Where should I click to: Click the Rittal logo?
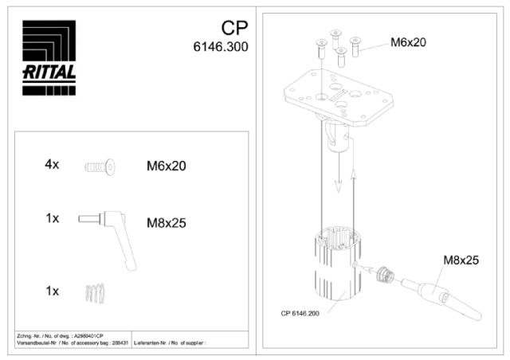pos(49,57)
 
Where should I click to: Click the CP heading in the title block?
pos(234,29)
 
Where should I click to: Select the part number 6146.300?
pos(220,47)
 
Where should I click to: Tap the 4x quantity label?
pos(52,165)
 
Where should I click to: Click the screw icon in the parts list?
pos(100,166)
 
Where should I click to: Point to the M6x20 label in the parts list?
pos(166,166)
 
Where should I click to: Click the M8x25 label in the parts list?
pos(166,223)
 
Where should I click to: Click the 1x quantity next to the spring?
pos(52,291)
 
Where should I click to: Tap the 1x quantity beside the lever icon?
pos(52,217)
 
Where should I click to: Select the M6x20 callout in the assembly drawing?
pos(408,42)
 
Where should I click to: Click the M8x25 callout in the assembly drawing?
pos(461,260)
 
